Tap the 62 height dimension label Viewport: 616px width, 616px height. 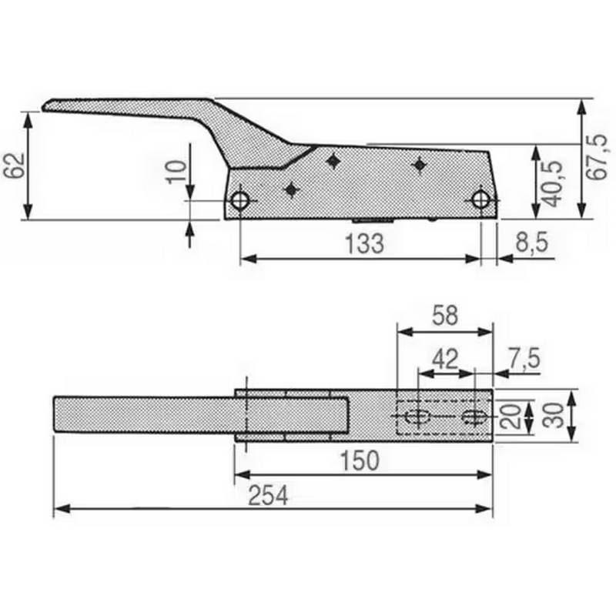coord(17,166)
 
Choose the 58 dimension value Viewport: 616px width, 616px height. coord(444,316)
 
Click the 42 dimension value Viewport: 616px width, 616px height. coord(445,358)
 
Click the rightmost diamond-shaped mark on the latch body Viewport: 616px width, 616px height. coord(420,164)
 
